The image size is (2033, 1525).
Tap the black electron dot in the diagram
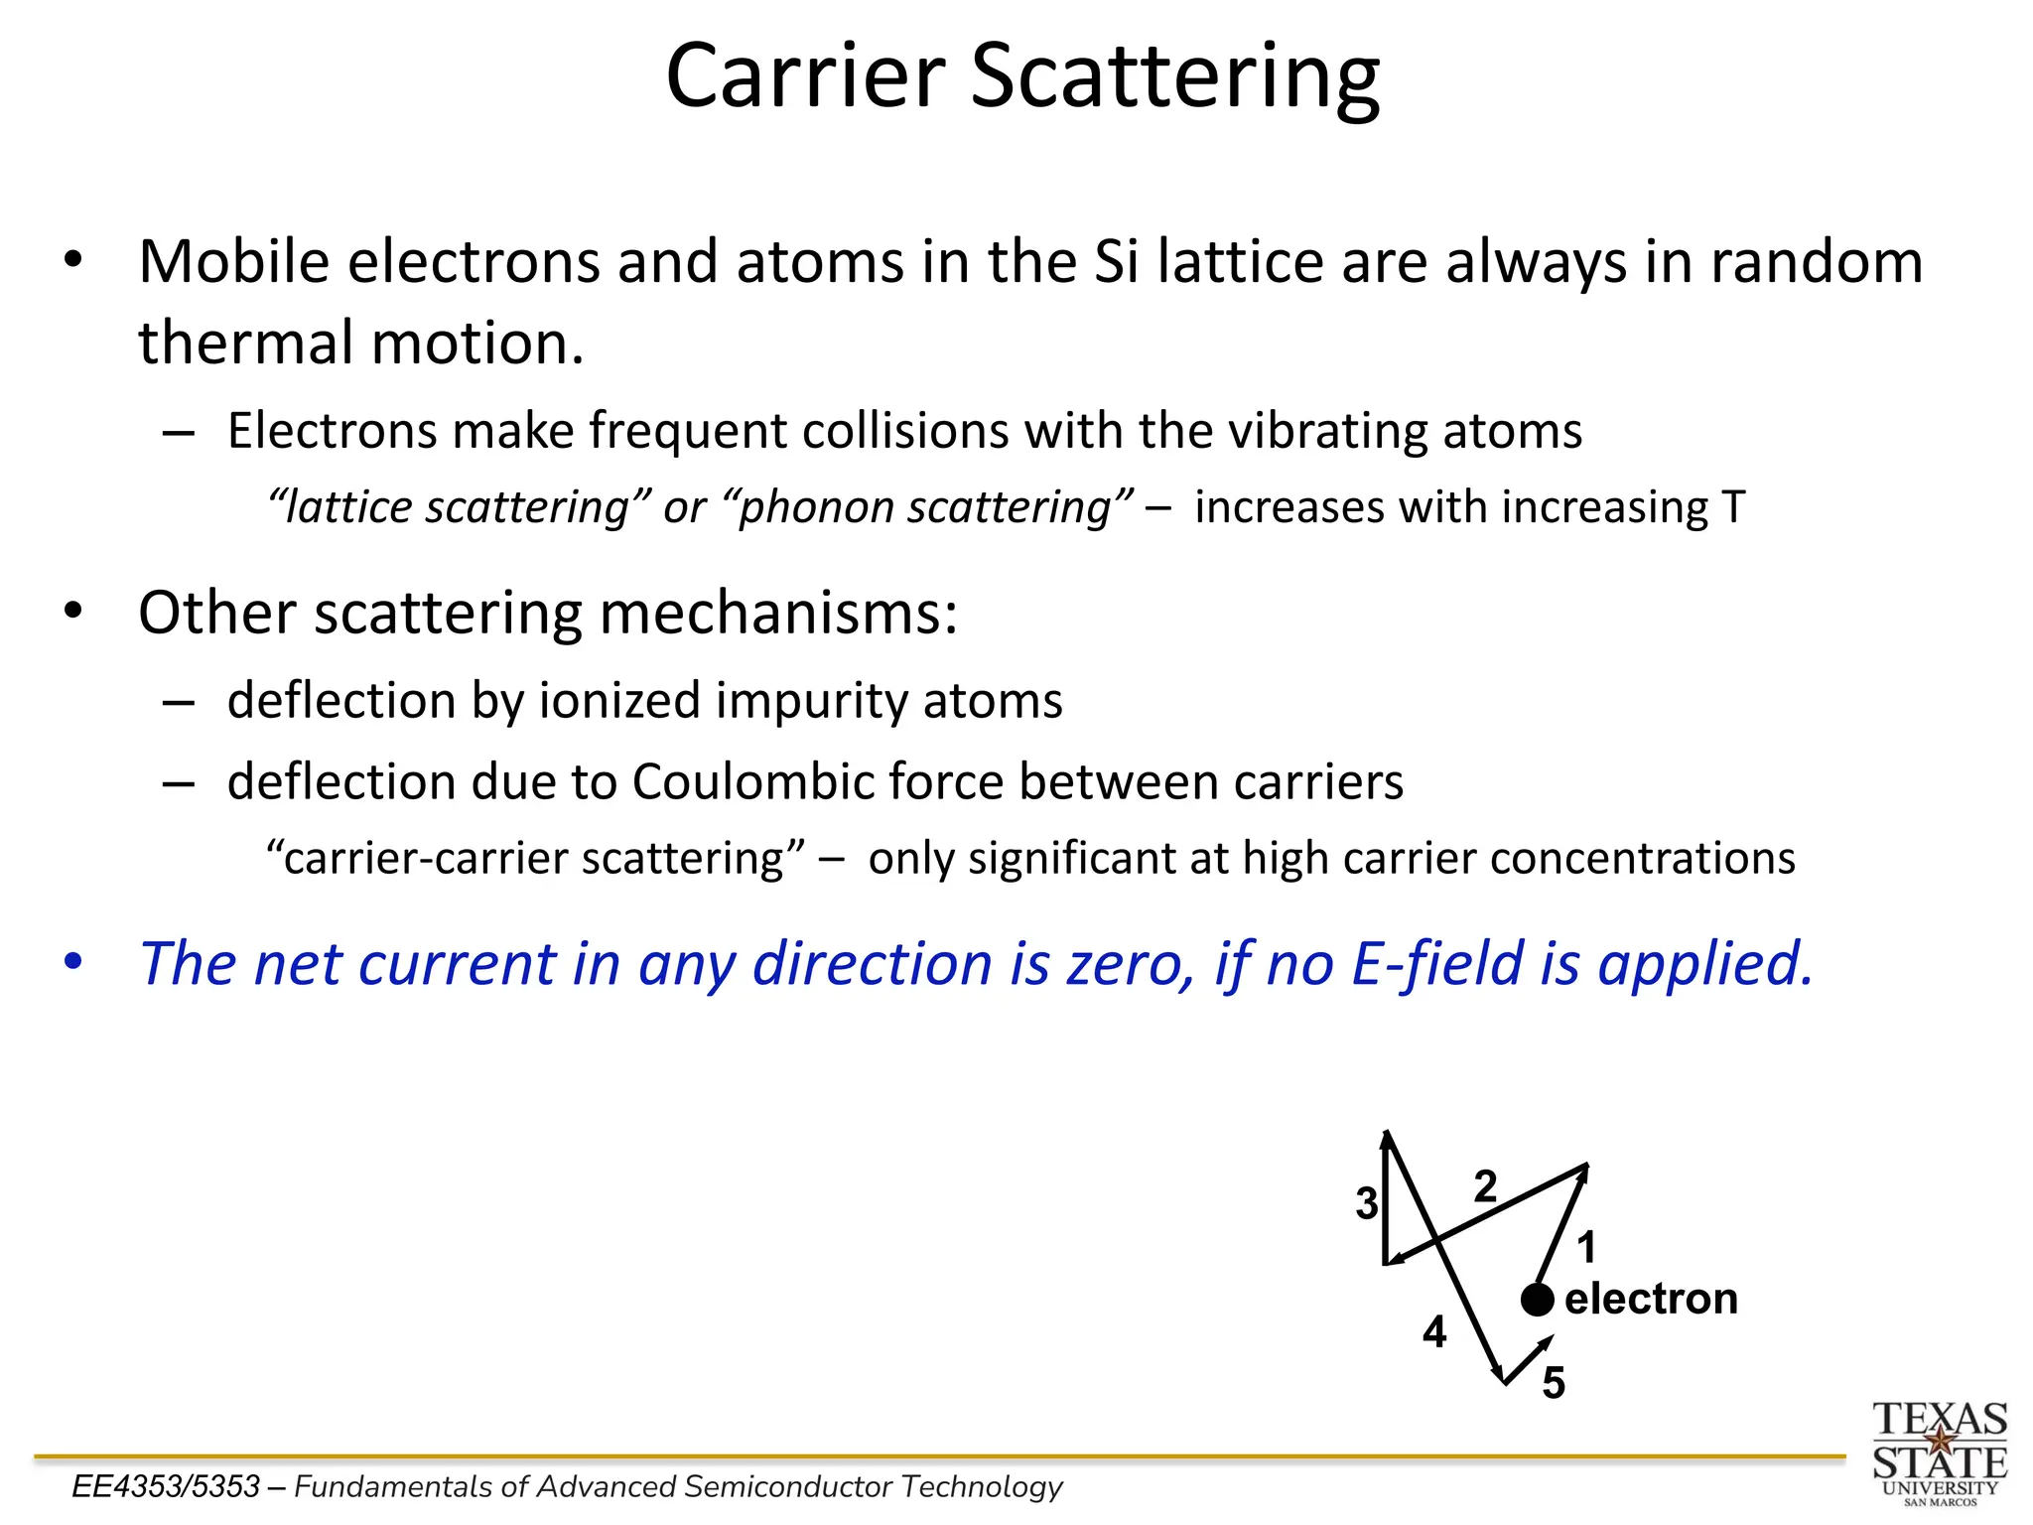pos(1537,1299)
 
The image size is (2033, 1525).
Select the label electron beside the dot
pos(1651,1299)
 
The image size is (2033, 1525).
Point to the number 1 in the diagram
pos(1586,1247)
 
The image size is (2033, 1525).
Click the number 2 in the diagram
pos(1485,1186)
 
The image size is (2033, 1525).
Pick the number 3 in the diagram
pos(1367,1203)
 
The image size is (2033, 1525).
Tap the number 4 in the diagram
pos(1434,1331)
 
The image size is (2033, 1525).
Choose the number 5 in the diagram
pos(1554,1383)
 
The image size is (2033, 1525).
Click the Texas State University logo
pos(1940,1453)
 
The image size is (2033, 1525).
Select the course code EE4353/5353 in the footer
pos(166,1486)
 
